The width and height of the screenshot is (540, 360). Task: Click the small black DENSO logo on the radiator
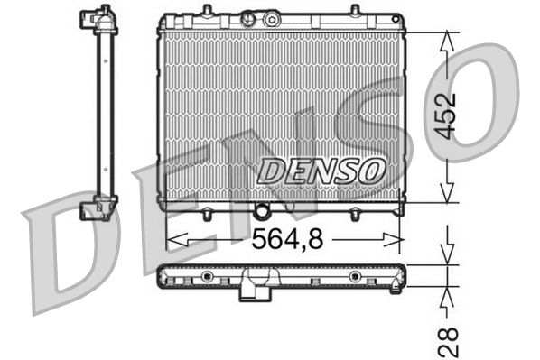(321, 169)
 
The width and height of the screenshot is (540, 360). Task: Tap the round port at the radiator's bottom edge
(262, 212)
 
